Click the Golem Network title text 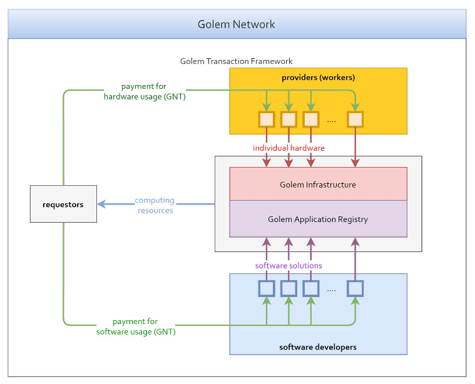237,24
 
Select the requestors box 63,204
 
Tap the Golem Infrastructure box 318,184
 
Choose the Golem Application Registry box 318,219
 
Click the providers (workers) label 319,78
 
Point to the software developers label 318,346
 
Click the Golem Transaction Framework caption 236,61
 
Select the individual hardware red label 289,148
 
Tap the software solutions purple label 289,265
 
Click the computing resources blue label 155,205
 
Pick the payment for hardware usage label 145,92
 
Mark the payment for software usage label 136,327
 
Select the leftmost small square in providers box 267,119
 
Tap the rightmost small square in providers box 356,119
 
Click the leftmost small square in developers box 267,288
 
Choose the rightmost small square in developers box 355,288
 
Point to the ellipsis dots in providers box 332,121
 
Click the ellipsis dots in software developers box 332,290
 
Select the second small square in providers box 289,119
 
